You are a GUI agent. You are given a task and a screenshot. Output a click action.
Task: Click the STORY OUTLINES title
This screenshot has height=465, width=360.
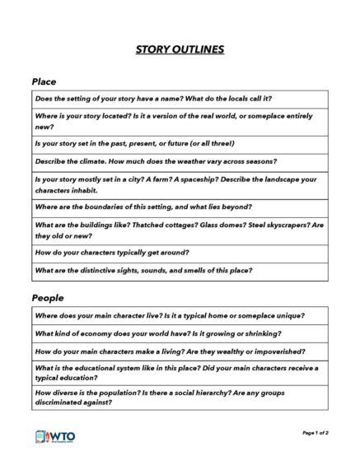coord(180,50)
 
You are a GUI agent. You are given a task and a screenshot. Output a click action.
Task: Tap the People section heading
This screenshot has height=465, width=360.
coord(48,297)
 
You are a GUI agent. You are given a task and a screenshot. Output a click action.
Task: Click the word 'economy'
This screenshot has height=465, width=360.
coord(91,333)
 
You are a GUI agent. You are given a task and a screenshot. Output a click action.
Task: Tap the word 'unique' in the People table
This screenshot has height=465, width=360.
coord(287,315)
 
